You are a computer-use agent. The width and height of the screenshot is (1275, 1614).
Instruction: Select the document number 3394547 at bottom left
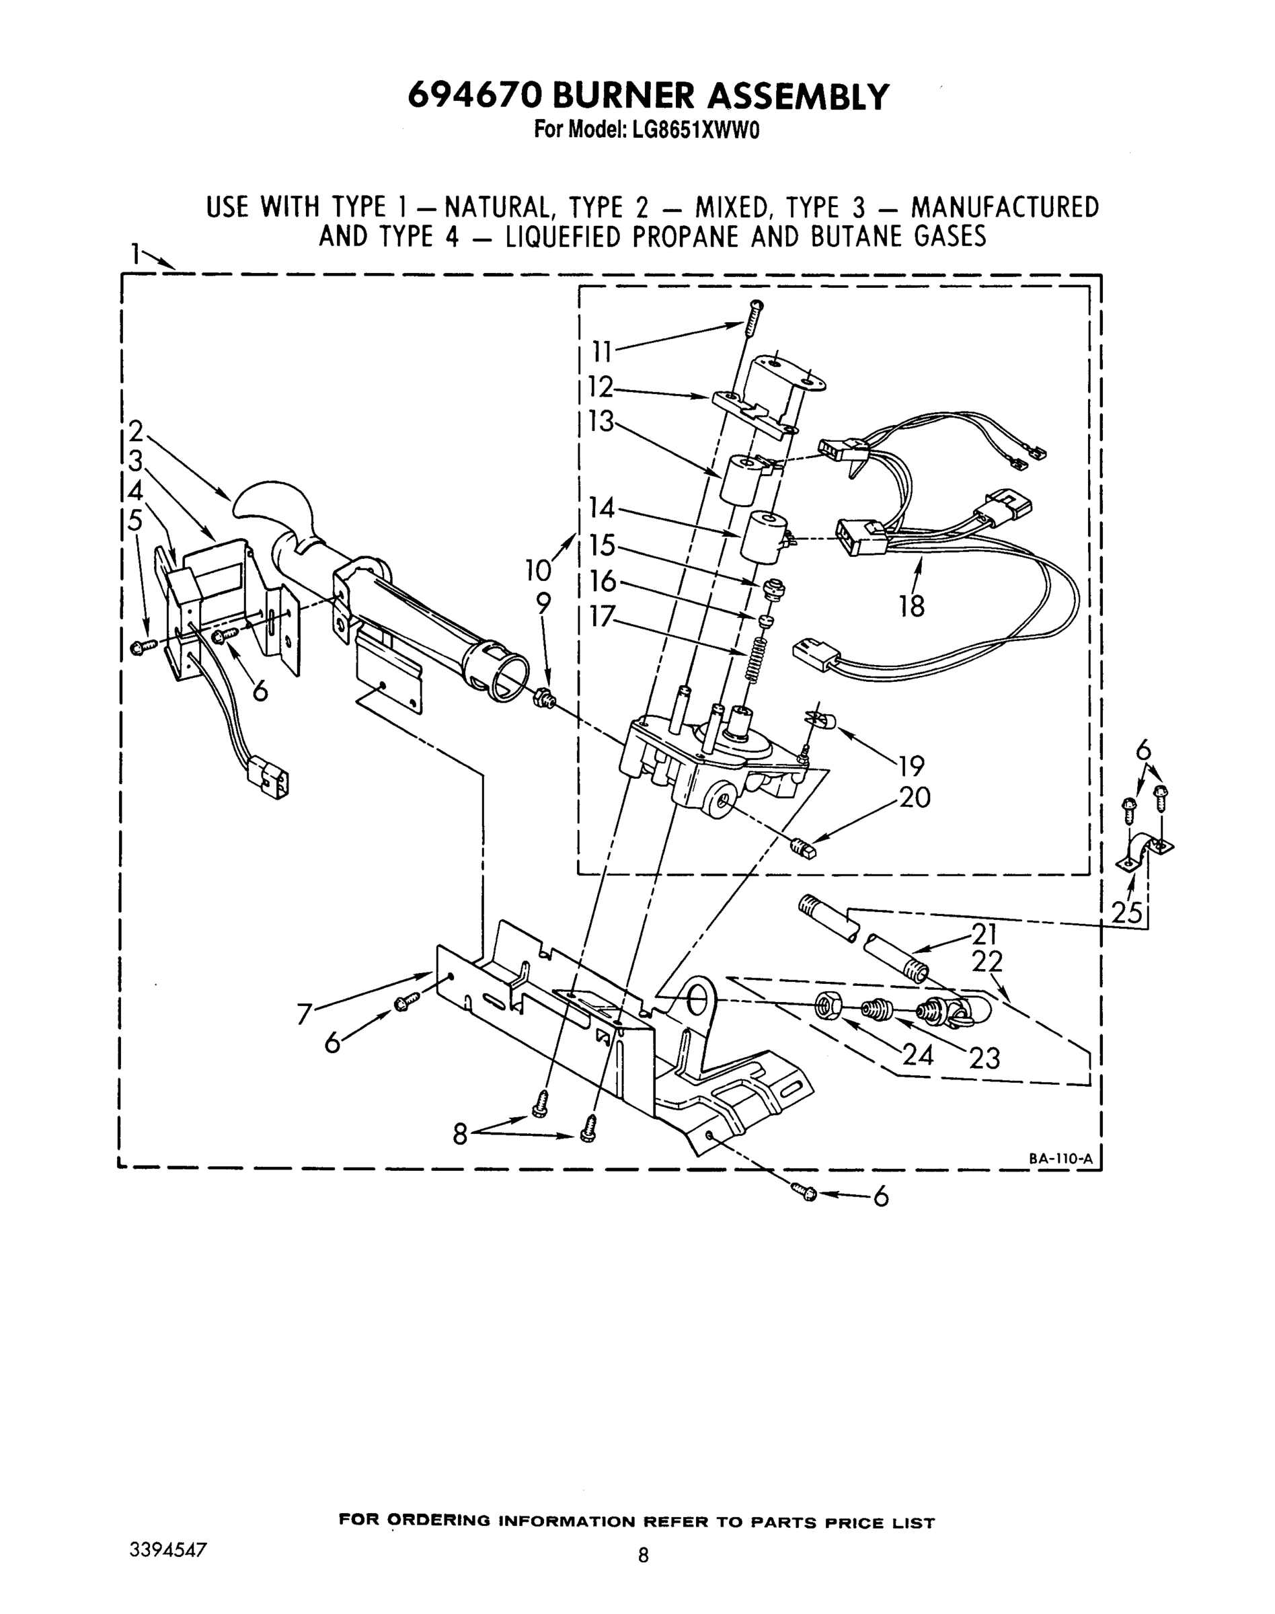167,1548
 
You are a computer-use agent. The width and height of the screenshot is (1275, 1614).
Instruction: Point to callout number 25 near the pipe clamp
1127,913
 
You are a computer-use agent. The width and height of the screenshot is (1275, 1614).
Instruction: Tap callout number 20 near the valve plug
915,798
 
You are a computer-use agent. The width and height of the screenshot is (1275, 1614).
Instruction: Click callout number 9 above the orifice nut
543,603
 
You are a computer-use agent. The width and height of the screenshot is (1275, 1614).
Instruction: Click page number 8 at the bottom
643,1555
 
